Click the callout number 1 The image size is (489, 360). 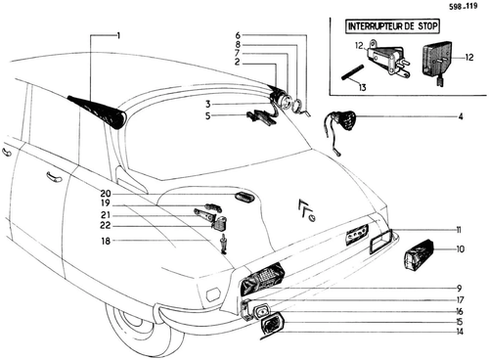pyautogui.click(x=118, y=35)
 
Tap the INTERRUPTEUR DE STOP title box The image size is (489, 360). pyautogui.click(x=392, y=26)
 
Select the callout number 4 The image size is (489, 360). pyautogui.click(x=461, y=116)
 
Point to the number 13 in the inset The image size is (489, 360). pyautogui.click(x=363, y=87)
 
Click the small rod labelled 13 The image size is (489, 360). pyautogui.click(x=353, y=72)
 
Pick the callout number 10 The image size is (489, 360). pyautogui.click(x=460, y=249)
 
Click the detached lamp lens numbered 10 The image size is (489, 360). pyautogui.click(x=419, y=254)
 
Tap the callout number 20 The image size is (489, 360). pyautogui.click(x=106, y=194)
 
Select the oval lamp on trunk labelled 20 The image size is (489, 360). pyautogui.click(x=244, y=198)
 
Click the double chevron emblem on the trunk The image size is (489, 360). pyautogui.click(x=306, y=210)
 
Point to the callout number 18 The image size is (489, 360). pyautogui.click(x=107, y=241)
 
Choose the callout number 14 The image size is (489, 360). pyautogui.click(x=460, y=332)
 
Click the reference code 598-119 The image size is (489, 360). pyautogui.click(x=463, y=6)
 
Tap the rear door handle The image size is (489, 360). pyautogui.click(x=54, y=176)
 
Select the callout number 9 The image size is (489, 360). pyautogui.click(x=459, y=289)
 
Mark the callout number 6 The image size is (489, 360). pyautogui.click(x=238, y=35)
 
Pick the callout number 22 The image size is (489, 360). pyautogui.click(x=106, y=226)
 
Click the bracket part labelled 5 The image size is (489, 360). pyautogui.click(x=262, y=117)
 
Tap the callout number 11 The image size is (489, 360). pyautogui.click(x=459, y=230)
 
